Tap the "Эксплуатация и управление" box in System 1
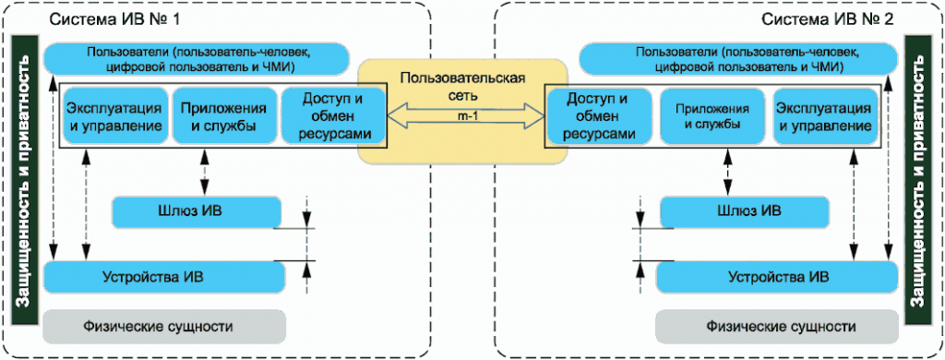point(116,116)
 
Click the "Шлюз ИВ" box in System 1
point(195,211)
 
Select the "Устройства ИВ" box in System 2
point(777,275)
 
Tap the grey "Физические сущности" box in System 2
point(777,326)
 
